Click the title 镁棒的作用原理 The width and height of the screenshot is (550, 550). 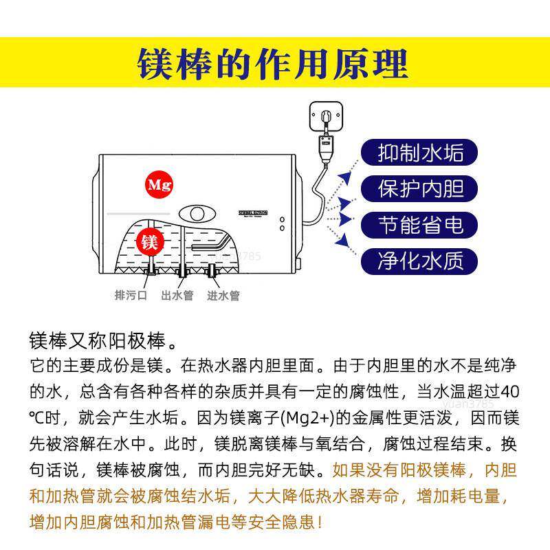pyautogui.click(x=274, y=63)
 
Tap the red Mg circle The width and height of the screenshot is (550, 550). pyautogui.click(x=159, y=185)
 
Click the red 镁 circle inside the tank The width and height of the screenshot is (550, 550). pyautogui.click(x=149, y=241)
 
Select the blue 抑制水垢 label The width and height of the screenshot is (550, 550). pyautogui.click(x=421, y=153)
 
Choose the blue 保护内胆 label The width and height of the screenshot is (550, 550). pyautogui.click(x=421, y=188)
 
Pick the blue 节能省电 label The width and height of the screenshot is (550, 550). pyautogui.click(x=421, y=224)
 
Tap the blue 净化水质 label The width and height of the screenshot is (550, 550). pyautogui.click(x=421, y=260)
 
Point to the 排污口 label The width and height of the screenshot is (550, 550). pyautogui.click(x=131, y=296)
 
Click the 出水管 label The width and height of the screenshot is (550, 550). pyautogui.click(x=177, y=296)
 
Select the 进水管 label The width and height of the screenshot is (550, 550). pyautogui.click(x=223, y=296)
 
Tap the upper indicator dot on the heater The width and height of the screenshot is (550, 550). pyautogui.click(x=282, y=219)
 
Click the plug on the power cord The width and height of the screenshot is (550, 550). pyautogui.click(x=321, y=146)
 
